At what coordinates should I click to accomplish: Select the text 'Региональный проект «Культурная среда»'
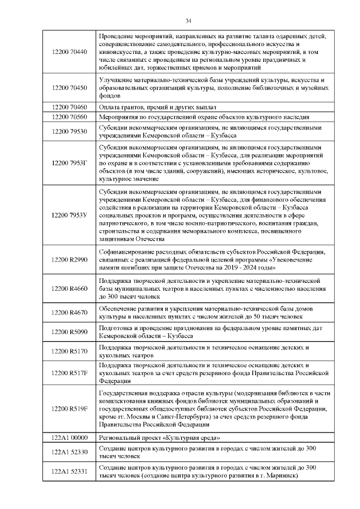click(x=156, y=437)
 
